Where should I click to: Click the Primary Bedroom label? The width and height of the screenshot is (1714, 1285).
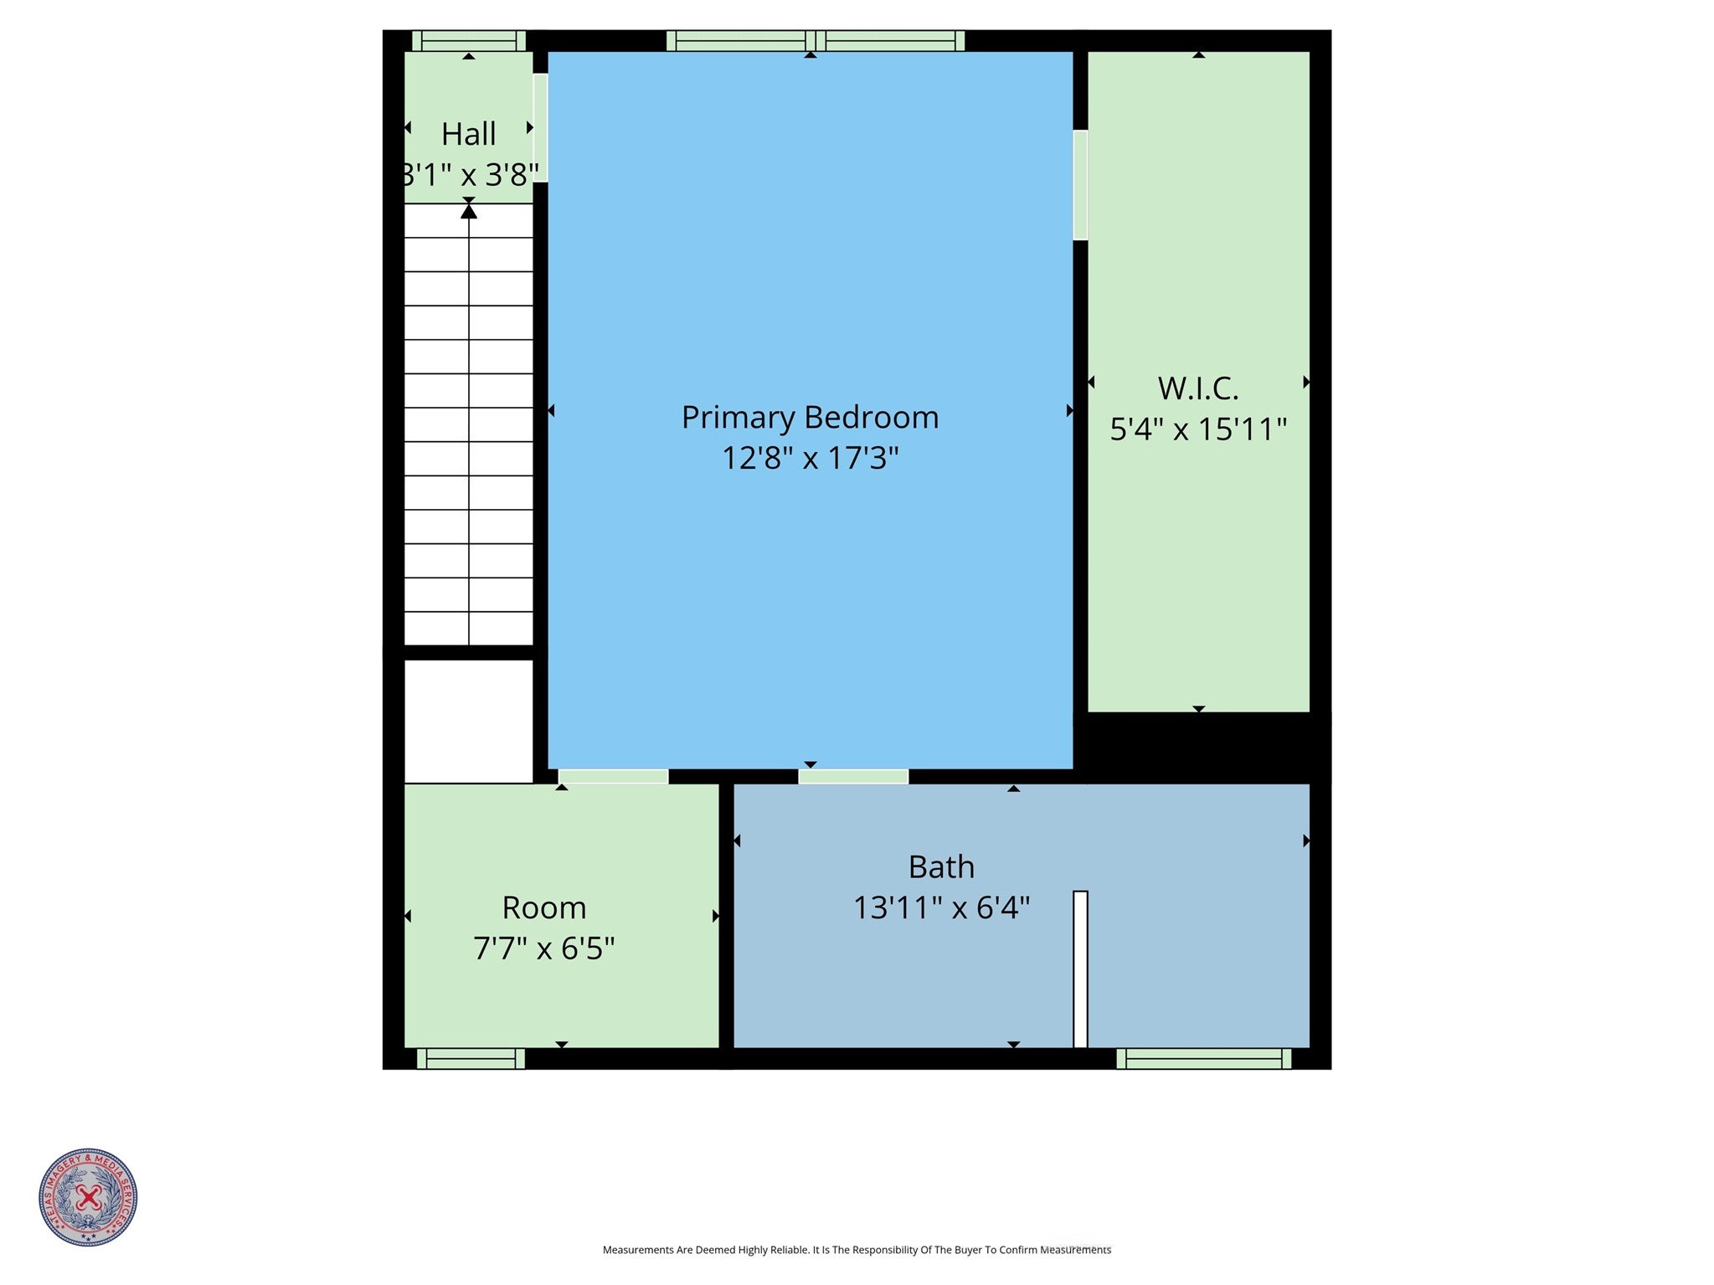click(x=810, y=417)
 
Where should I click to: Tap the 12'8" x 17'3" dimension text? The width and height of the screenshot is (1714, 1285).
click(x=810, y=458)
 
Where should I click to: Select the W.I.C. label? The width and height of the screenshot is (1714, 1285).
click(x=1197, y=388)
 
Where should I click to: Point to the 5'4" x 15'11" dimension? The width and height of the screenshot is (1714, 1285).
click(x=1197, y=429)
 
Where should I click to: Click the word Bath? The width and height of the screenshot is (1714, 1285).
click(x=941, y=867)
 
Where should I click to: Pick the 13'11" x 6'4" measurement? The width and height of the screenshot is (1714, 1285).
click(x=941, y=908)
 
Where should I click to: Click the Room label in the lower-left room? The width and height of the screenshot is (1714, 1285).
click(x=543, y=907)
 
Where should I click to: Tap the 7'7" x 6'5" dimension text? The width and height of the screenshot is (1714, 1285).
click(x=543, y=948)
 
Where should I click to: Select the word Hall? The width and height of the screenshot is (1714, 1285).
click(x=468, y=134)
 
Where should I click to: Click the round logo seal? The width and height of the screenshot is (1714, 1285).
click(x=88, y=1197)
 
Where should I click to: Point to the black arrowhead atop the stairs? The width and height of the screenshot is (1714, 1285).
click(x=469, y=212)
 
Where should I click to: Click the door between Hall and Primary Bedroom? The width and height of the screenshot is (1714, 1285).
click(x=541, y=128)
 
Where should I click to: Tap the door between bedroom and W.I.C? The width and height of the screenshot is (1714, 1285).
click(x=1080, y=185)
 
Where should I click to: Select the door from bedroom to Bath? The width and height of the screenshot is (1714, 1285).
click(x=853, y=777)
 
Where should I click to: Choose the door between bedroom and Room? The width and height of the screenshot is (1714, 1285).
click(x=613, y=777)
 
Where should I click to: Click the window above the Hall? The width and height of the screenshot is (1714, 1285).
click(x=469, y=41)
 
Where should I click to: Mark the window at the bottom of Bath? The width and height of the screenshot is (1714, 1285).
click(x=1203, y=1059)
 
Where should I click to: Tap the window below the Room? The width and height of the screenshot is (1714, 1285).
click(x=471, y=1059)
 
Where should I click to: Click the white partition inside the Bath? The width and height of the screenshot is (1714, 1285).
click(x=1080, y=969)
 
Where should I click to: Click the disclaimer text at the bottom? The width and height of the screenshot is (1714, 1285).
click(x=857, y=1250)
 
